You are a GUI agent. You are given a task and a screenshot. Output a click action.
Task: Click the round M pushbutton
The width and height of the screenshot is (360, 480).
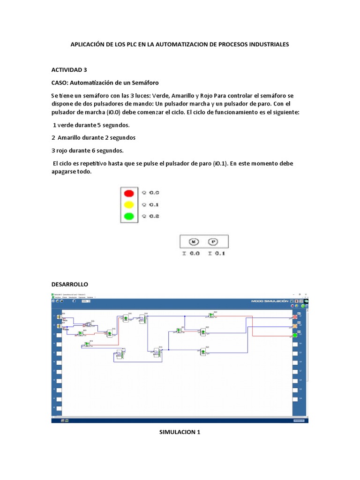click(194, 242)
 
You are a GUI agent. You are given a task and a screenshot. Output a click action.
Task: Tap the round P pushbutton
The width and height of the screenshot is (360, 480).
click(213, 242)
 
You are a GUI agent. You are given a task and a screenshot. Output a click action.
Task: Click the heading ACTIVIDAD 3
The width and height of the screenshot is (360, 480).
click(69, 70)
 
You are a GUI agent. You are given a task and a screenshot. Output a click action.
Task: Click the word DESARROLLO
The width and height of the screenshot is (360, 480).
click(69, 284)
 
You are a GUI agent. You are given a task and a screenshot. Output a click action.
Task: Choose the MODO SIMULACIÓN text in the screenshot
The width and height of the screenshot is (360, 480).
click(270, 301)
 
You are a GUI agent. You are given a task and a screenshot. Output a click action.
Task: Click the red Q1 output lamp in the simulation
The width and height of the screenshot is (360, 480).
click(295, 317)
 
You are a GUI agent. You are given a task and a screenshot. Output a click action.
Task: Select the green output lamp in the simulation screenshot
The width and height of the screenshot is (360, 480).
click(295, 335)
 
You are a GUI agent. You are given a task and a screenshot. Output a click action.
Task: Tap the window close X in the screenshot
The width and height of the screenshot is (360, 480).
click(306, 295)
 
